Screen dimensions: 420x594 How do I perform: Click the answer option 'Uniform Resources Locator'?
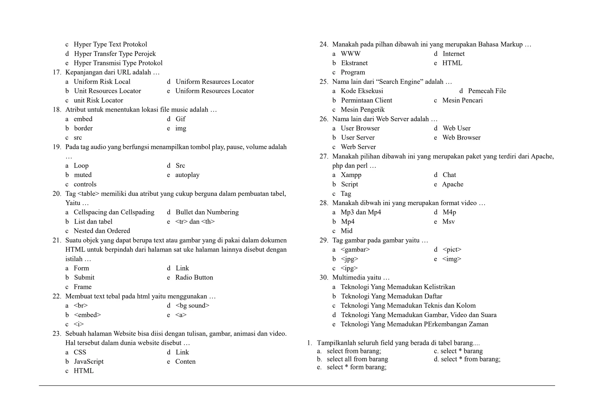click(x=214, y=91)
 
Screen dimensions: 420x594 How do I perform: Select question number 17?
click(x=57, y=73)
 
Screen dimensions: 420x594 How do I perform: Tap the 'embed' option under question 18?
click(x=83, y=119)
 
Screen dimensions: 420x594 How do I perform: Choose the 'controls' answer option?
click(x=85, y=184)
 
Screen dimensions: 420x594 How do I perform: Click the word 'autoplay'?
click(x=187, y=175)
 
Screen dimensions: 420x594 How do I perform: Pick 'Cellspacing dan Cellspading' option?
click(x=114, y=212)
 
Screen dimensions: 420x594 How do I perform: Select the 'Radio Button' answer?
click(x=194, y=278)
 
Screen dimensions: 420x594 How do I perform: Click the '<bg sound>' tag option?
click(x=192, y=305)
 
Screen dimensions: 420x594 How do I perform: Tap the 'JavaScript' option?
click(x=89, y=362)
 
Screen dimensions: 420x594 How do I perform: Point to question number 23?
click(x=57, y=334)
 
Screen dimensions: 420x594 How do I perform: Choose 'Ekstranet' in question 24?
click(x=354, y=63)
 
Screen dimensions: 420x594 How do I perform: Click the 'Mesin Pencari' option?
click(x=462, y=100)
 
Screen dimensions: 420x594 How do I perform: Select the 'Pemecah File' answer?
click(x=487, y=91)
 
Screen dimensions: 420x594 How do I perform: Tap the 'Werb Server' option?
click(x=358, y=147)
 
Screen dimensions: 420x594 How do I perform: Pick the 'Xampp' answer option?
click(x=351, y=175)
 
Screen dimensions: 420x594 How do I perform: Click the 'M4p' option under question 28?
click(x=449, y=212)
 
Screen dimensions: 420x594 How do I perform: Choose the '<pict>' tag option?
click(x=452, y=250)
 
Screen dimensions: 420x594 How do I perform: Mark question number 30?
click(x=324, y=278)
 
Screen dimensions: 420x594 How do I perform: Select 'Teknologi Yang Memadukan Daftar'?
click(x=392, y=296)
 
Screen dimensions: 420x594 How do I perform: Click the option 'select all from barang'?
click(x=357, y=359)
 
